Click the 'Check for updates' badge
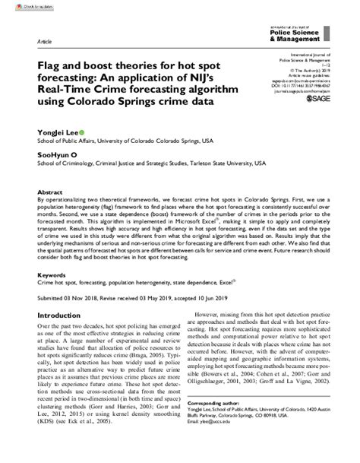tap(22, 6)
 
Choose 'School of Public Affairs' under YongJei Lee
tap(71, 141)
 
